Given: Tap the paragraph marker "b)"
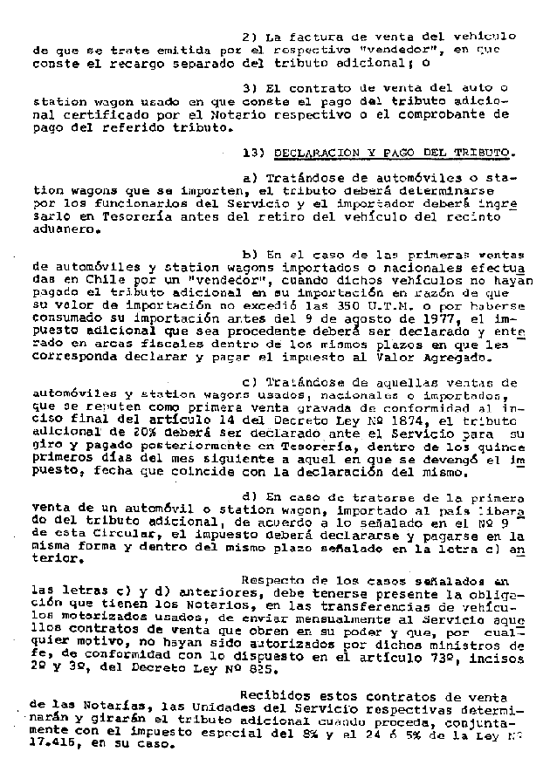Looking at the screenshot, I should pos(249,256).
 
